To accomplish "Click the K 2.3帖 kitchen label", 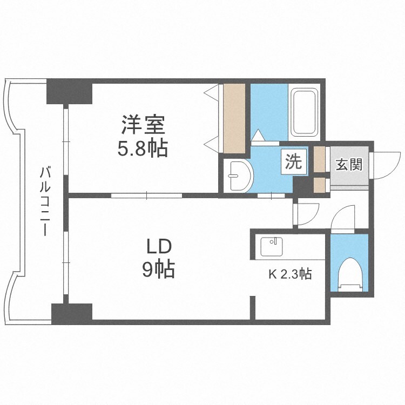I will (290, 274).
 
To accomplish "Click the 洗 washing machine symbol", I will (293, 162).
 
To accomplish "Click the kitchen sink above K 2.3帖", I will (272, 247).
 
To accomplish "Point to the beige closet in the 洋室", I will (234, 118).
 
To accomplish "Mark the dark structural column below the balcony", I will (72, 313).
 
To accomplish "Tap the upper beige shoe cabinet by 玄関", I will (320, 159).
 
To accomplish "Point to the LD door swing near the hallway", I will (306, 214).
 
